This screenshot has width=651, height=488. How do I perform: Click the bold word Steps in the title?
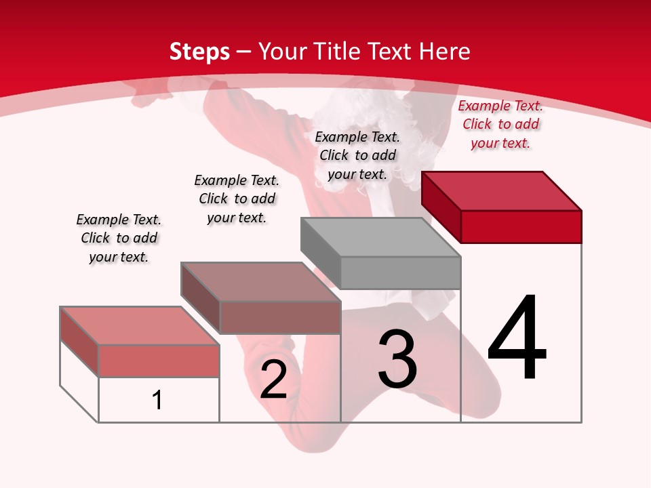tap(199, 52)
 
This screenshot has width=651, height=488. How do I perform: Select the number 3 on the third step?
tap(397, 359)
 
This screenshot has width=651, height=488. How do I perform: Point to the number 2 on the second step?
tap(273, 380)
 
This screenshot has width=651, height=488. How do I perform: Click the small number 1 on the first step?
tap(157, 400)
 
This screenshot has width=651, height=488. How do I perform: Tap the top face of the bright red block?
tap(502, 190)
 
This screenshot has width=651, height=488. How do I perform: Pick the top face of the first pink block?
tap(140, 326)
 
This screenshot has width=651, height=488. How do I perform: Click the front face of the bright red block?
tap(521, 226)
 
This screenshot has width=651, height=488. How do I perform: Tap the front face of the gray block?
tap(400, 273)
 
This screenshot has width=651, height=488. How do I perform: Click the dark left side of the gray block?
tap(321, 253)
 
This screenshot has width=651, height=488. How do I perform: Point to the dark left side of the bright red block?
tap(441, 207)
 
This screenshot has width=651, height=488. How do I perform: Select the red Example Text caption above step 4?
tap(500, 124)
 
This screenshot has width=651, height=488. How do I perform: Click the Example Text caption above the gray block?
tap(357, 155)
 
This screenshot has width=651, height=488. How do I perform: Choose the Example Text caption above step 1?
tap(119, 238)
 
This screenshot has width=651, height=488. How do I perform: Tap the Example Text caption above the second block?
tap(237, 199)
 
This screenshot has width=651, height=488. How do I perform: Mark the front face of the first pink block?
tap(159, 361)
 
